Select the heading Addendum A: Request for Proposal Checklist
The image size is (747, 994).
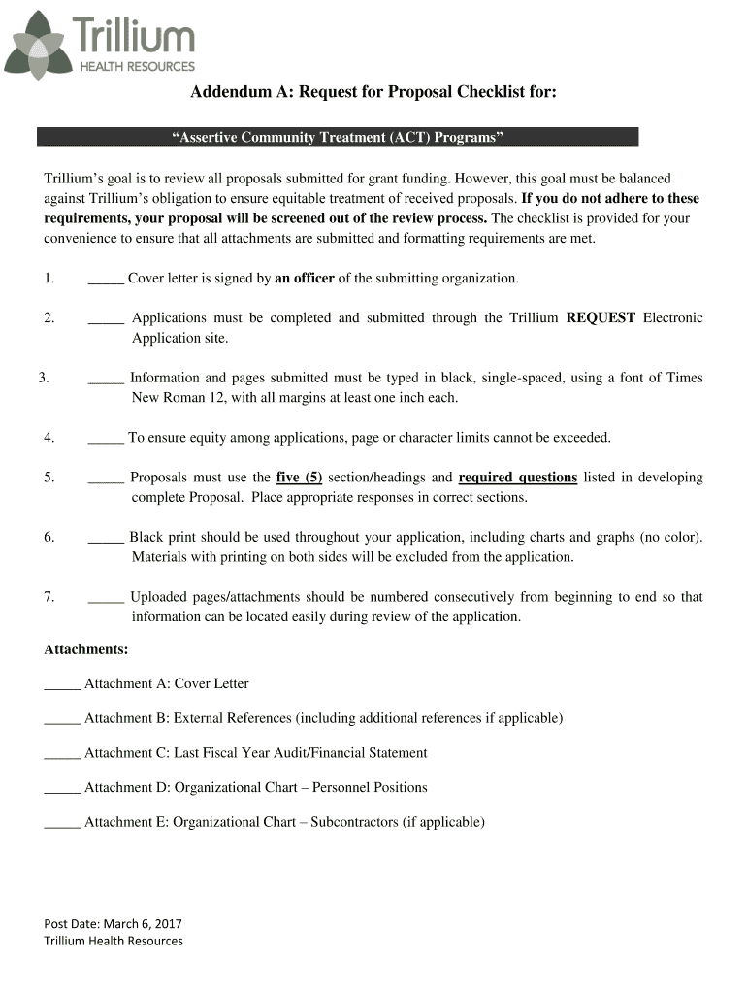tap(373, 92)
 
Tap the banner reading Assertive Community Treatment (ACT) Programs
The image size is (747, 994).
tap(338, 137)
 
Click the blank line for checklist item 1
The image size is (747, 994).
tap(105, 280)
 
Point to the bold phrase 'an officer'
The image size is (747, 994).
tap(305, 279)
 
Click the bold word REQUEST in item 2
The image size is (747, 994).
tap(601, 318)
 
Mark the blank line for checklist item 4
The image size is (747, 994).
tap(105, 439)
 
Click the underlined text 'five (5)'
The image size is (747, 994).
tap(299, 478)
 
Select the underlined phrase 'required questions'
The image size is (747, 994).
tap(517, 478)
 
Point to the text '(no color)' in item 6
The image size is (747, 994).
tap(669, 538)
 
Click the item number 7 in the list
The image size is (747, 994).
tap(49, 597)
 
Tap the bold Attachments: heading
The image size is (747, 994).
tap(86, 648)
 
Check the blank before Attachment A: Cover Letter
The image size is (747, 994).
tap(62, 685)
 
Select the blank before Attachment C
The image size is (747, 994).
tap(62, 754)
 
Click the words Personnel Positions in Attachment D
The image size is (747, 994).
tap(370, 788)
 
